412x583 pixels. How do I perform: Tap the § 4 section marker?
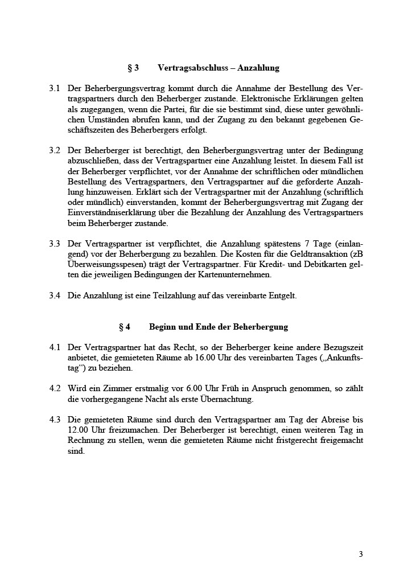click(125, 327)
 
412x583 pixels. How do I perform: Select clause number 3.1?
click(55, 89)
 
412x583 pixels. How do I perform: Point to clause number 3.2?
click(55, 150)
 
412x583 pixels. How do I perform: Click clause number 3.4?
click(55, 295)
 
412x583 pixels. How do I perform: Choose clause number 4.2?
click(55, 388)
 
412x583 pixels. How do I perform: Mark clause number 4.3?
click(55, 420)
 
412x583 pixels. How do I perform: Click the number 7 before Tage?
click(306, 244)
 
